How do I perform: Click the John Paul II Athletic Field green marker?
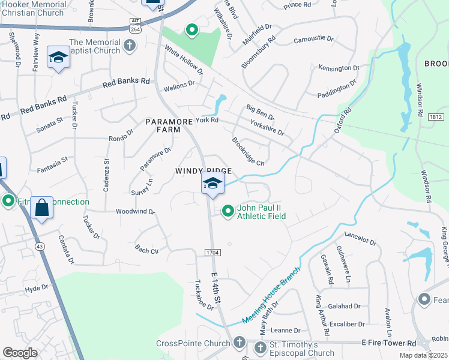[228, 211]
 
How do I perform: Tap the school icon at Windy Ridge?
[212, 183]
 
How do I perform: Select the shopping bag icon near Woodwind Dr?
[41, 208]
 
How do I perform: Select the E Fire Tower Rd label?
[388, 343]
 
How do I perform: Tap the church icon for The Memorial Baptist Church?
[129, 46]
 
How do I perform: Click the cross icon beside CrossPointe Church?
[239, 343]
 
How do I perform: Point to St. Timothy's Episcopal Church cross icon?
[260, 348]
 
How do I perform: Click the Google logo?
[20, 353]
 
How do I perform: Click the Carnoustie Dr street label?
[313, 39]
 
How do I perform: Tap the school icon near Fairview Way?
[58, 58]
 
